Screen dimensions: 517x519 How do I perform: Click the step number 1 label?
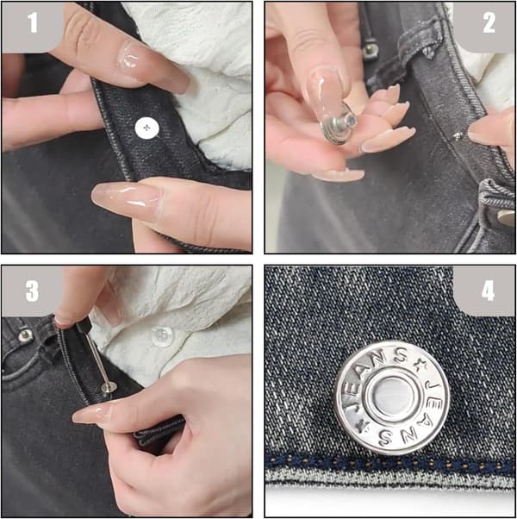point(33,22)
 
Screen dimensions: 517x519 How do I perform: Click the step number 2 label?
point(489,22)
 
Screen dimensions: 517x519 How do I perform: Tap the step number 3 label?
point(32,291)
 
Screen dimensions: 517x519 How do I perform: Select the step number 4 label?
point(488,291)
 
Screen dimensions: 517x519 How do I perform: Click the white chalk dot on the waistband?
point(146,128)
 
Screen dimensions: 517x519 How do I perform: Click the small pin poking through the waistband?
point(458,135)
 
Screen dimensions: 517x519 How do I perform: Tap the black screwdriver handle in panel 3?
point(84,325)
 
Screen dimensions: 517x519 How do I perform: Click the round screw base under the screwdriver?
point(109,386)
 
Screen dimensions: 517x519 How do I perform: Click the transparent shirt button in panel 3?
point(162,336)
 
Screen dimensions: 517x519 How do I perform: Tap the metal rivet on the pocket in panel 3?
point(26,335)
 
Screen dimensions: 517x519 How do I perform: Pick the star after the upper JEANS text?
point(420,366)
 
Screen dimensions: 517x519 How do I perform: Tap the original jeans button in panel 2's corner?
point(506,218)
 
